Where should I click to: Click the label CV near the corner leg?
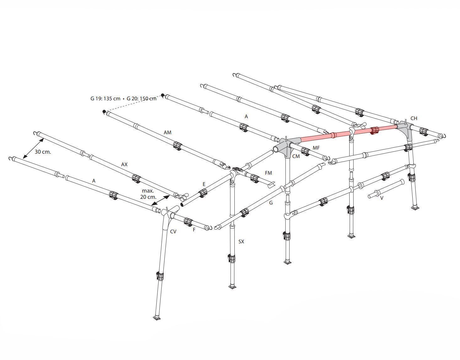[173, 232]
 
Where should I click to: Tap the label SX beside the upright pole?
[241, 241]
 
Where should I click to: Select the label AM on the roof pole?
[168, 132]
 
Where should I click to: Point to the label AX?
[124, 164]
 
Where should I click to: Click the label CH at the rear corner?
[414, 119]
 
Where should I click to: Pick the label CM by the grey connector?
[296, 156]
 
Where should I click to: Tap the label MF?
[316, 148]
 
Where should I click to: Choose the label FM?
[268, 173]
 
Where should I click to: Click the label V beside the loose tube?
[382, 198]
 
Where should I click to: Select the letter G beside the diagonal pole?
[271, 203]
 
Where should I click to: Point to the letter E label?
[204, 184]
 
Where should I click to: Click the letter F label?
[194, 230]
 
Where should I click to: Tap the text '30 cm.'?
[43, 152]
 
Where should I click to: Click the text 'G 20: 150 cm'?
[142, 98]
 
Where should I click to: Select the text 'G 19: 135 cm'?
[105, 98]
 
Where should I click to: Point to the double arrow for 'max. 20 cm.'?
[161, 200]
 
